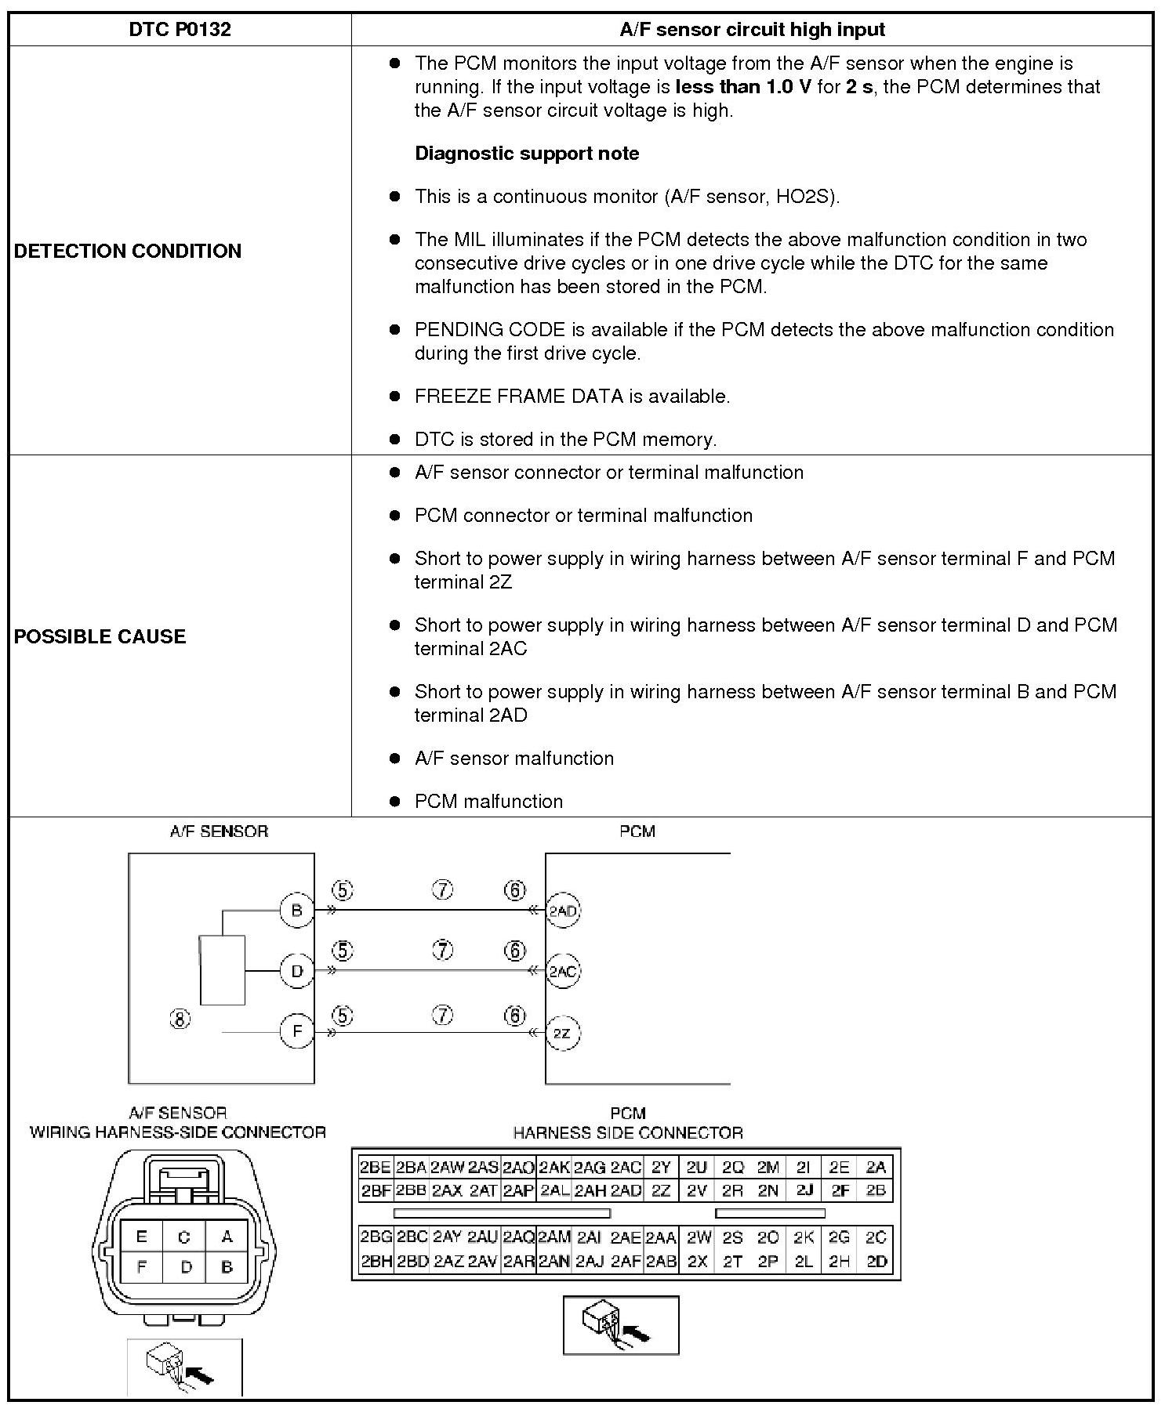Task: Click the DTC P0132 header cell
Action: pos(180,30)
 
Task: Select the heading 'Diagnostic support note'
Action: pos(526,154)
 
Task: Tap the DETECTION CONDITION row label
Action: pos(128,251)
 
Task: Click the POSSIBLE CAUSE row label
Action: pos(100,636)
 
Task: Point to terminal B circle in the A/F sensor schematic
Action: pos(296,911)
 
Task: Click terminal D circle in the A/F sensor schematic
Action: pos(296,971)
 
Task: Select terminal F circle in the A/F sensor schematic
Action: pos(296,1031)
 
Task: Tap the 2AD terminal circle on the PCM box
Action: pos(562,911)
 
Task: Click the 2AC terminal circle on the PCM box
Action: pos(562,972)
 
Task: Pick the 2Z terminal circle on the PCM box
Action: pos(562,1033)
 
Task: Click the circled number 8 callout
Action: pos(180,1020)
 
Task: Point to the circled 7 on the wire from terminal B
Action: pos(443,890)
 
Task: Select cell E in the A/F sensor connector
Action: pos(142,1237)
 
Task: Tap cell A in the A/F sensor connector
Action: pos(227,1237)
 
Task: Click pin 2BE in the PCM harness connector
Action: pos(375,1168)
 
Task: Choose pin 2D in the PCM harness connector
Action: pos(876,1262)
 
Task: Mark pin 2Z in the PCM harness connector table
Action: pos(661,1191)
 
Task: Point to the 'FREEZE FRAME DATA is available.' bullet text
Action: pos(572,397)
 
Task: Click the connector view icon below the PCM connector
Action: pos(621,1325)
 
